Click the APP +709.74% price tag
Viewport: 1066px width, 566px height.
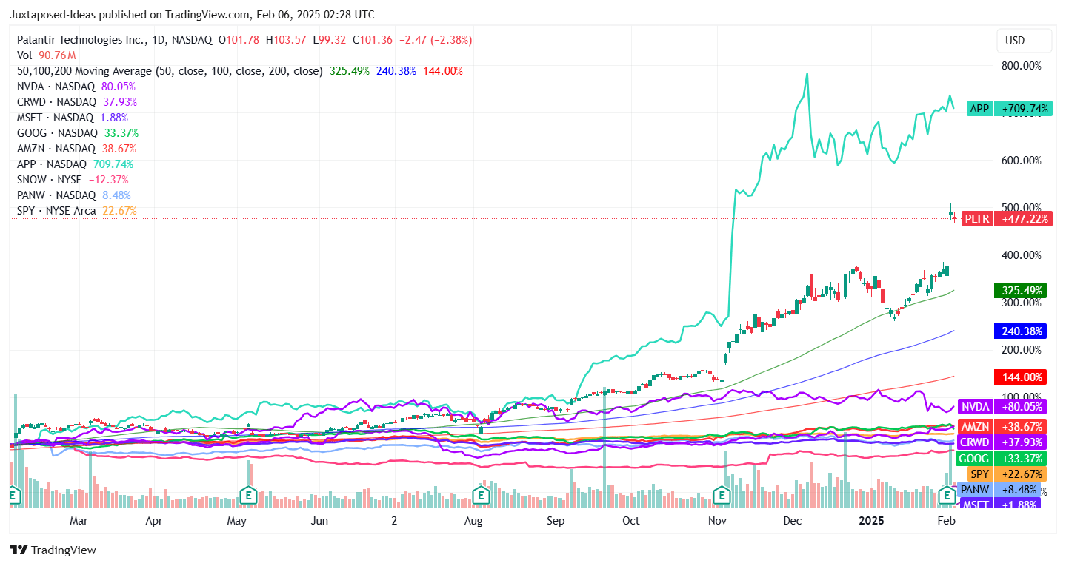(1009, 109)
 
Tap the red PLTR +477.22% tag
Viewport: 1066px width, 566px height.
(1006, 219)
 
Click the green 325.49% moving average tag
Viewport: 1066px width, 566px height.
(1020, 291)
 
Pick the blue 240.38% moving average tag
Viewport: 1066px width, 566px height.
(1020, 331)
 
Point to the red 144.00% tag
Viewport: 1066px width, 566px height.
(1020, 377)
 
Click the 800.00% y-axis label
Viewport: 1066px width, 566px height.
(1021, 65)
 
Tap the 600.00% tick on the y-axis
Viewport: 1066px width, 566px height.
(1021, 160)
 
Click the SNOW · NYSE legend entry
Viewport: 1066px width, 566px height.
(49, 180)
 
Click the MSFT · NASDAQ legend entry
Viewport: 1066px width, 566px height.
(55, 117)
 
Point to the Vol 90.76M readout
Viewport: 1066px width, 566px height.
(46, 55)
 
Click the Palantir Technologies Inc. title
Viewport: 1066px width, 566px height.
(81, 40)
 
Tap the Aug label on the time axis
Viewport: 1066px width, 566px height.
(473, 521)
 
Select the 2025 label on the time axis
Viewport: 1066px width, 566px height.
(871, 521)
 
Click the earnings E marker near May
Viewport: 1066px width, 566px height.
(248, 494)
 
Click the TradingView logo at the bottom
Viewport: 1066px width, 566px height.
(53, 550)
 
